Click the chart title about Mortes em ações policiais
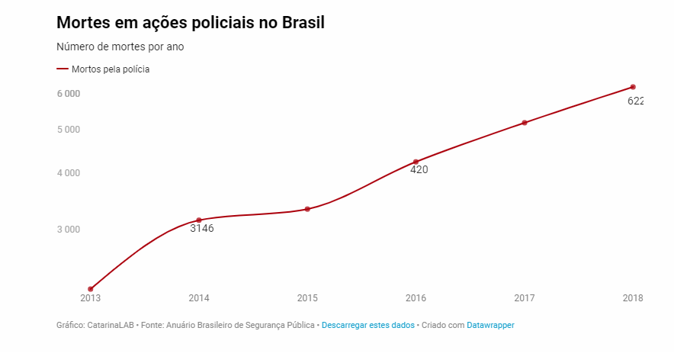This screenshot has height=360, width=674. pos(191,23)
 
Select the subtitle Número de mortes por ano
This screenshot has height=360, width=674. pos(120,47)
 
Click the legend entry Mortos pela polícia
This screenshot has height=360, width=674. pos(110,69)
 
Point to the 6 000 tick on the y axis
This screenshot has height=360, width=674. pos(68,94)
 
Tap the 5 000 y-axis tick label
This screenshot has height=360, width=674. pos(68,130)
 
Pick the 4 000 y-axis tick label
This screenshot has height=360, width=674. pos(68,173)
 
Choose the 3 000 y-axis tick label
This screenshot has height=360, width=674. pos(68,230)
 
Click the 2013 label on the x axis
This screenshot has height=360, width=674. pos(90,297)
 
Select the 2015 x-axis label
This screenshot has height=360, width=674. pos(307,297)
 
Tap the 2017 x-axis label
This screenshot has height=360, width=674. pos(524,297)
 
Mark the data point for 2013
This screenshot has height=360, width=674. pos(91,289)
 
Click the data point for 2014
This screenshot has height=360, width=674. pos(199,220)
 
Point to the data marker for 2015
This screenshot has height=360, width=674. pos(307,209)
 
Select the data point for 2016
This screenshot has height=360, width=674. pos(416,162)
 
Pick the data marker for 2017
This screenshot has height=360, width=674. pos(525,123)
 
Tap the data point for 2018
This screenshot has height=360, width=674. pos(633,87)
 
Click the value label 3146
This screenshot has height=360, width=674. pos(202,229)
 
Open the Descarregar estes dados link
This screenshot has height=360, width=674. pos(368,325)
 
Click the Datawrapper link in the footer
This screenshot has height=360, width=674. pos(490,325)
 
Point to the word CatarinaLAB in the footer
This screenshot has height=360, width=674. pos(111,325)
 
